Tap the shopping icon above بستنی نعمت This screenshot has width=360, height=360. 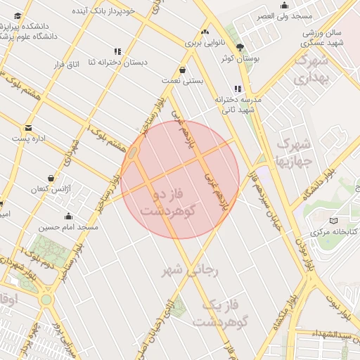[x=183, y=70]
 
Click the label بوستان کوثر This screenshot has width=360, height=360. [x=241, y=59]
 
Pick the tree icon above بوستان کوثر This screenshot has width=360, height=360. [x=241, y=48]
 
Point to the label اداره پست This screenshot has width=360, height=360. [x=29, y=139]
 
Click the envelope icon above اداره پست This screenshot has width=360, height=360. [x=29, y=128]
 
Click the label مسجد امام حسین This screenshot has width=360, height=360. [x=69, y=227]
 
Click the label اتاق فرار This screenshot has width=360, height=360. [x=65, y=65]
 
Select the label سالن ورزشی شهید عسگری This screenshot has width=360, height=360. [x=322, y=38]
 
